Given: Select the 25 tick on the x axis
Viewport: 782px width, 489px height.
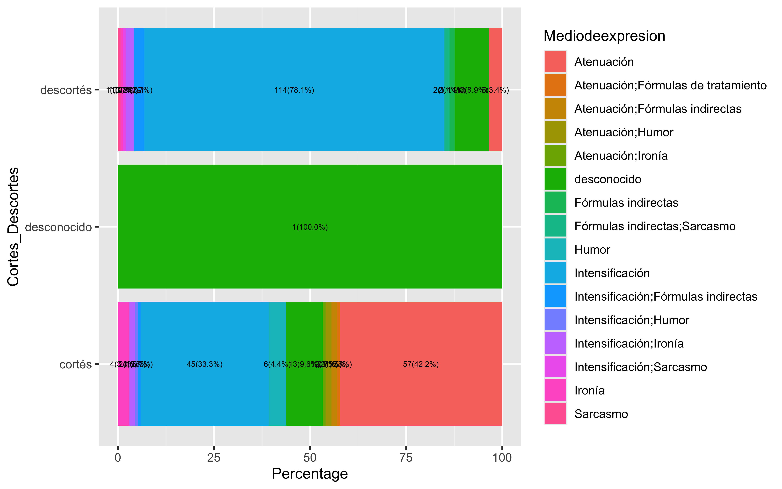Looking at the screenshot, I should pos(214,458).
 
